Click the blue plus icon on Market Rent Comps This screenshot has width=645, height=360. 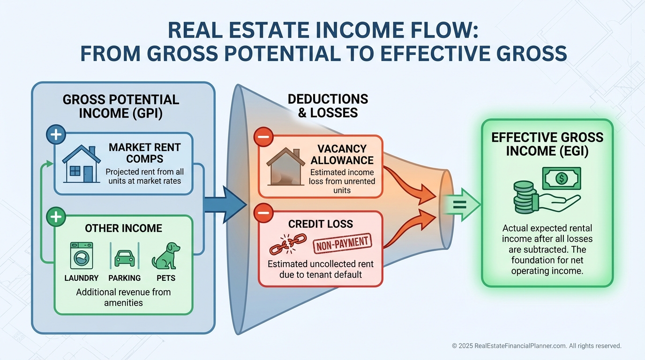[56, 135]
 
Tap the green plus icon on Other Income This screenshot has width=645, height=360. [56, 217]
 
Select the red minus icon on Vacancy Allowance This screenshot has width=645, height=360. [263, 137]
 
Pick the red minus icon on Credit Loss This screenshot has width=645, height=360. [263, 213]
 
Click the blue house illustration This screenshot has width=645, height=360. [82, 164]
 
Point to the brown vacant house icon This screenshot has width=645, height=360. [285, 166]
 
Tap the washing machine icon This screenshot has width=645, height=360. [82, 256]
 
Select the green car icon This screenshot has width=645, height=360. [124, 258]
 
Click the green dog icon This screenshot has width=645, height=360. [166, 256]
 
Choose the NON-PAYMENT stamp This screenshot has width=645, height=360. [342, 244]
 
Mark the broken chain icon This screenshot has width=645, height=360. [288, 244]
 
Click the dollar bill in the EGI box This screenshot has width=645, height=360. [562, 178]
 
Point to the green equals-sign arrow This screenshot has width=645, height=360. [461, 205]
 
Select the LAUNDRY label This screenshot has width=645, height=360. [82, 278]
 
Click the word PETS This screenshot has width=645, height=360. [166, 278]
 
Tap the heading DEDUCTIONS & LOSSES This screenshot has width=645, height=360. [328, 105]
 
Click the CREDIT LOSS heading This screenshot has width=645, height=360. [321, 224]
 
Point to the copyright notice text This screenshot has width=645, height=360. [536, 345]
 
